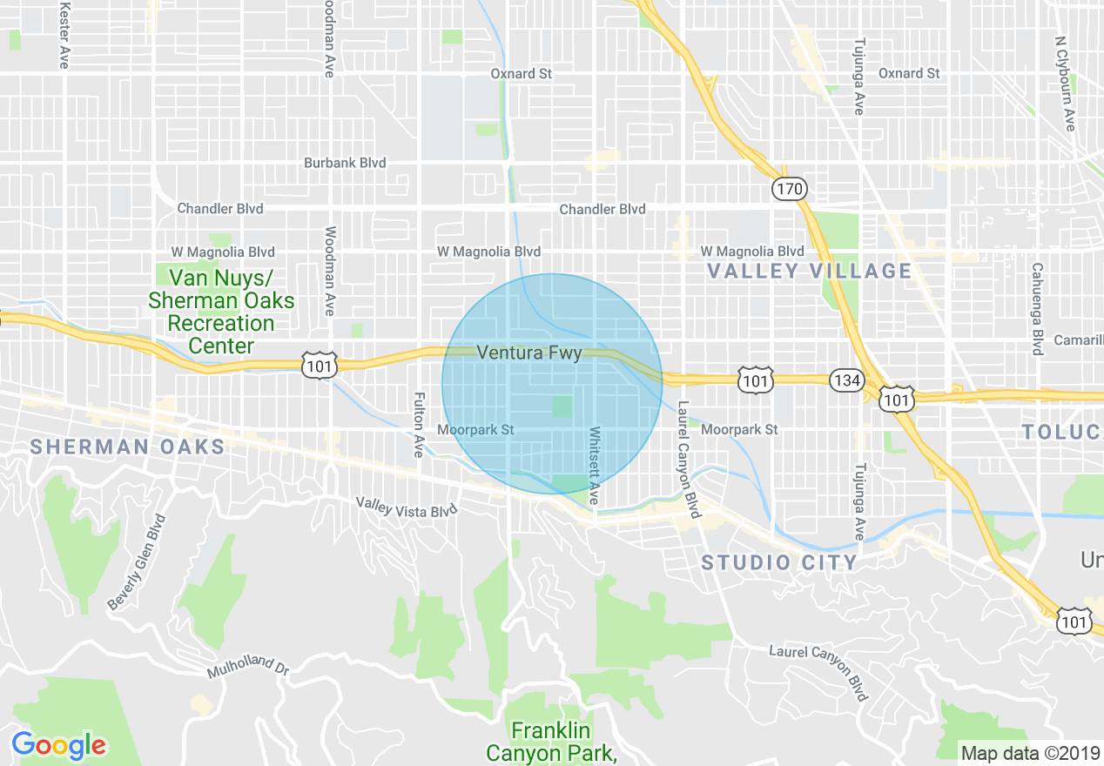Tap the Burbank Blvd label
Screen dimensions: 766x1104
click(344, 163)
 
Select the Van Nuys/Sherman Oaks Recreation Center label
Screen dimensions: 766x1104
click(221, 312)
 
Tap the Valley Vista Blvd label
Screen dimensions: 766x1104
click(407, 507)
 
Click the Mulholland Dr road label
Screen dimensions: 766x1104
click(247, 667)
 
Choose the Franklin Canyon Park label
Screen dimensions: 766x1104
click(551, 741)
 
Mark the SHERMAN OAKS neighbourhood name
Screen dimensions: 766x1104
click(127, 447)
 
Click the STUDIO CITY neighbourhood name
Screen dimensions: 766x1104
click(780, 562)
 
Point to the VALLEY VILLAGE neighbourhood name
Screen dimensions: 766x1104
click(809, 271)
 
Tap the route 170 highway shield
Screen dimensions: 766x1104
click(789, 188)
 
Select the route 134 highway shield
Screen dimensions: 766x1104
click(845, 381)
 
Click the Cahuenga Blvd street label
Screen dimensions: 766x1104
click(1037, 309)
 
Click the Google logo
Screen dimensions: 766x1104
click(58, 745)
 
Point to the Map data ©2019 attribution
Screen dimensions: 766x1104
click(1028, 753)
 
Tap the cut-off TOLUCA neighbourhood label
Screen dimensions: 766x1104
click(1062, 432)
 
